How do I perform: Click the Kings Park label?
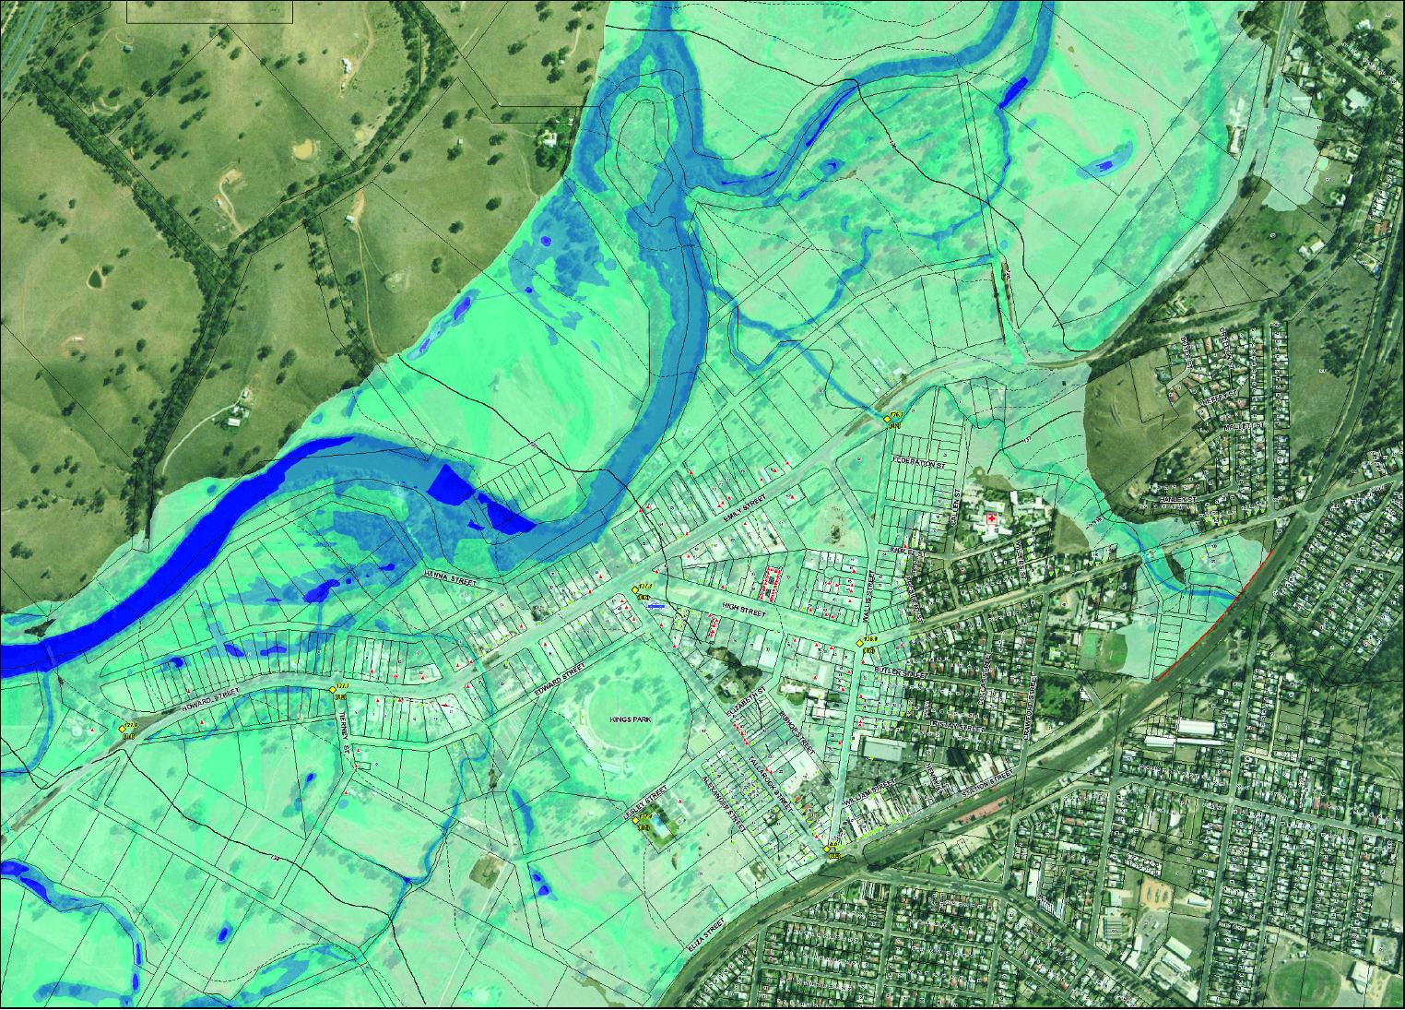point(631,719)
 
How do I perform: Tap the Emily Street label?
point(745,509)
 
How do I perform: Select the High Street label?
point(743,610)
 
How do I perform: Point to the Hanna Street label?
point(450,579)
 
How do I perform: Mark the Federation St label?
point(920,462)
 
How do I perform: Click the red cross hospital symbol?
point(992,520)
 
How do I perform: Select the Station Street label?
point(988,785)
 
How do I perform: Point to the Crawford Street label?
point(1031,708)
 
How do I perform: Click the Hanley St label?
point(1178,499)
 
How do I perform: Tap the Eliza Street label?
point(706,934)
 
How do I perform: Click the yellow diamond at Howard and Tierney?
point(334,689)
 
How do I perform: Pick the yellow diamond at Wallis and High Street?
point(860,643)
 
